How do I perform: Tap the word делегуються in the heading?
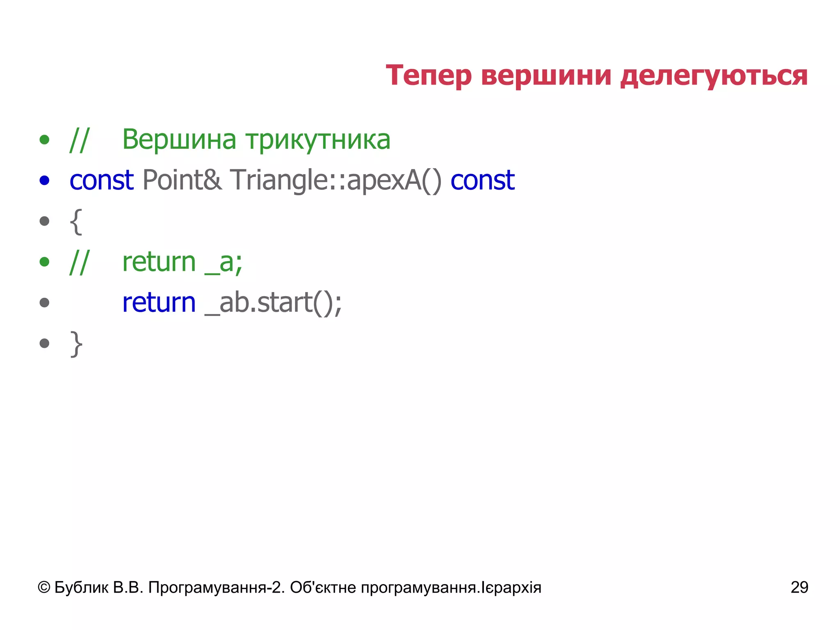714,76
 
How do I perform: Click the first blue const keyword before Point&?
101,180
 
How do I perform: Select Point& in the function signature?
182,180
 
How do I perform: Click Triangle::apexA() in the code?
336,180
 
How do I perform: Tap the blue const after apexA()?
482,180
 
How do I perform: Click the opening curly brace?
76,222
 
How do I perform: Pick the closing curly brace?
76,344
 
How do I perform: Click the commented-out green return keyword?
159,262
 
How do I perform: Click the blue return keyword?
159,303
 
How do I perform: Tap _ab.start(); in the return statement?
273,303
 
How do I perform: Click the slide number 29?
799,587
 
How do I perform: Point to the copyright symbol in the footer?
44,588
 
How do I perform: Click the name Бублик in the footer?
81,588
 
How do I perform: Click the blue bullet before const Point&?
44,180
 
